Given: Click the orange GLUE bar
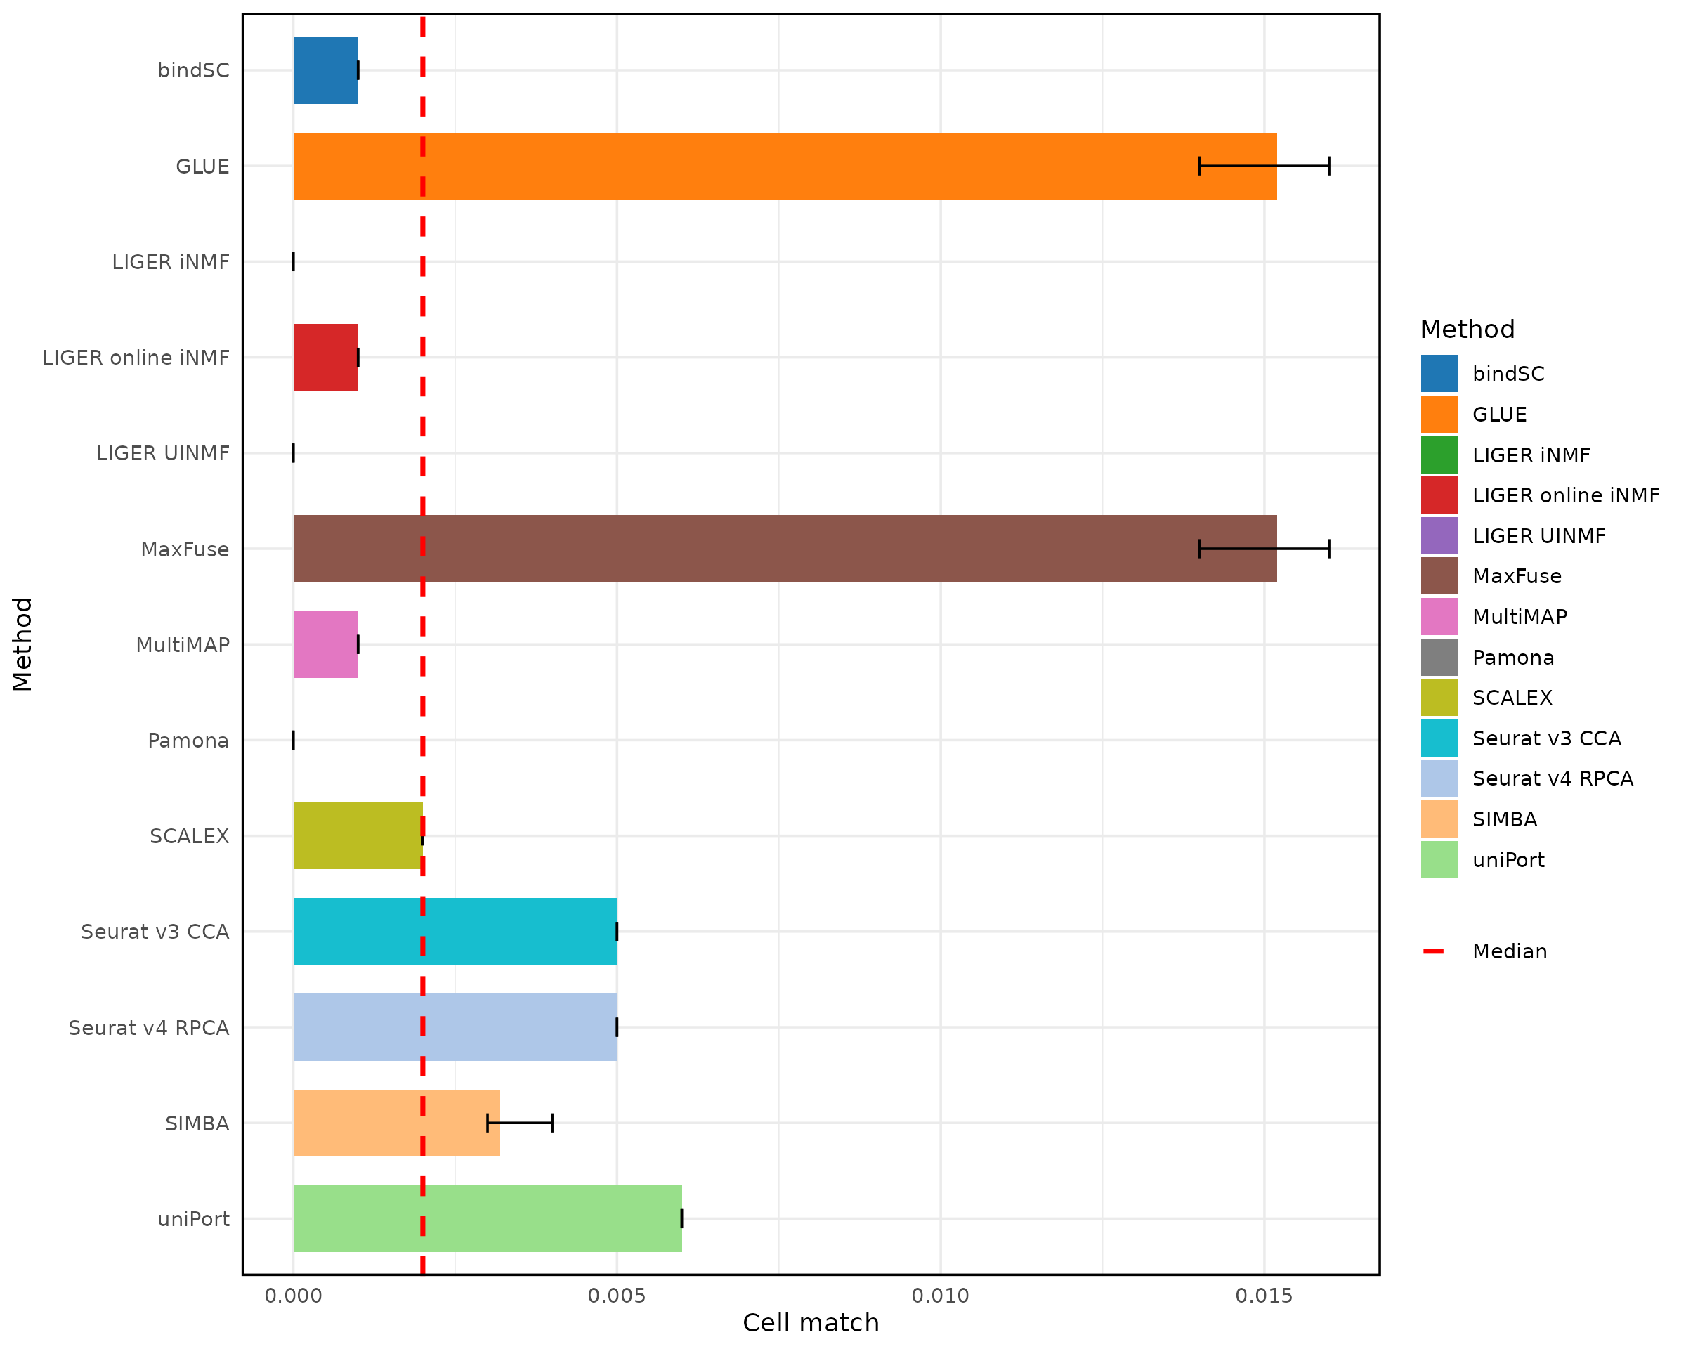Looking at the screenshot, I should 782,166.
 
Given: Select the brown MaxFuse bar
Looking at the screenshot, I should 782,549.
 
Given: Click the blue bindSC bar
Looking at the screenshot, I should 325,70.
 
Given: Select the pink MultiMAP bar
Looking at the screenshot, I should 325,644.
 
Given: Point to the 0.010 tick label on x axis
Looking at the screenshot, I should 940,1296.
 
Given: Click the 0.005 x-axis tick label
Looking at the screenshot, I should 616,1296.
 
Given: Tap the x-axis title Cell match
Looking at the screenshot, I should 810,1323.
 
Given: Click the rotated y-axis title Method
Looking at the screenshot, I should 22,644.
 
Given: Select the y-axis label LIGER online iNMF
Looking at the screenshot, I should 136,358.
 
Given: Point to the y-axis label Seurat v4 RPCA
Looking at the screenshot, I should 149,1028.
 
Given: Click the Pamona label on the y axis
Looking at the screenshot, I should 188,741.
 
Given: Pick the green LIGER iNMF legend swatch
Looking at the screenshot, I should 1439,455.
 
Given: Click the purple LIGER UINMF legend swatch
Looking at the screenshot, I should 1439,535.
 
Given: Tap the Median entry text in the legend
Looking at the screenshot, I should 1509,952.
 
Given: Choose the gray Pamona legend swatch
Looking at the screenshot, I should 1439,658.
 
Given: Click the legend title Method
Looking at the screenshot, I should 1467,330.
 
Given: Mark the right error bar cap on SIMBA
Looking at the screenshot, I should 552,1123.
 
